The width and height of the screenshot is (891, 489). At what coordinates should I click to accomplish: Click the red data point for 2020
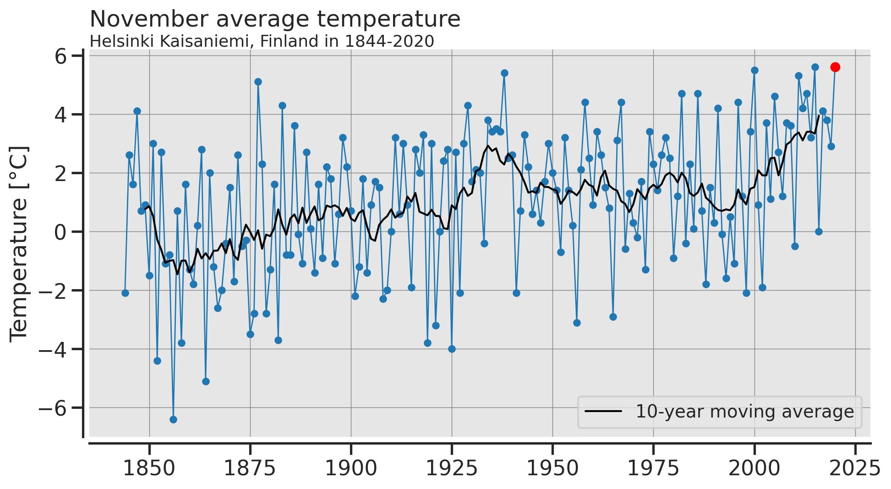point(835,67)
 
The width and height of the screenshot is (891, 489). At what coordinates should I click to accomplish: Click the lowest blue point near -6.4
point(173,419)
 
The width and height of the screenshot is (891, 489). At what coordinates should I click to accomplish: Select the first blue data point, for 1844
point(125,293)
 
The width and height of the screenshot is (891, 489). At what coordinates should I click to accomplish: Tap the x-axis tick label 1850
point(149,469)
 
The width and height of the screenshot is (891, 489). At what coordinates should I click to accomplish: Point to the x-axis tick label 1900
point(351,469)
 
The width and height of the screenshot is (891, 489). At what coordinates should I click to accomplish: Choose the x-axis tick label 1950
point(552,469)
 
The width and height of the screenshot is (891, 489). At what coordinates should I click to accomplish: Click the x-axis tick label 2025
point(855,469)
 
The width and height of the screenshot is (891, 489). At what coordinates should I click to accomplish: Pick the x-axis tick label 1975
point(653,469)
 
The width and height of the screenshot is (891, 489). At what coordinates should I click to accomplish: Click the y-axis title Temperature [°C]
point(19,244)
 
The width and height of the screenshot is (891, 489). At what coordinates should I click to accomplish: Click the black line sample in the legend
point(603,411)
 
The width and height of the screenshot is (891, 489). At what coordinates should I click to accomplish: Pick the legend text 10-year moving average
point(745,412)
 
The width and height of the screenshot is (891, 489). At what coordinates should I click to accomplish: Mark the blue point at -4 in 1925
point(452,349)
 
